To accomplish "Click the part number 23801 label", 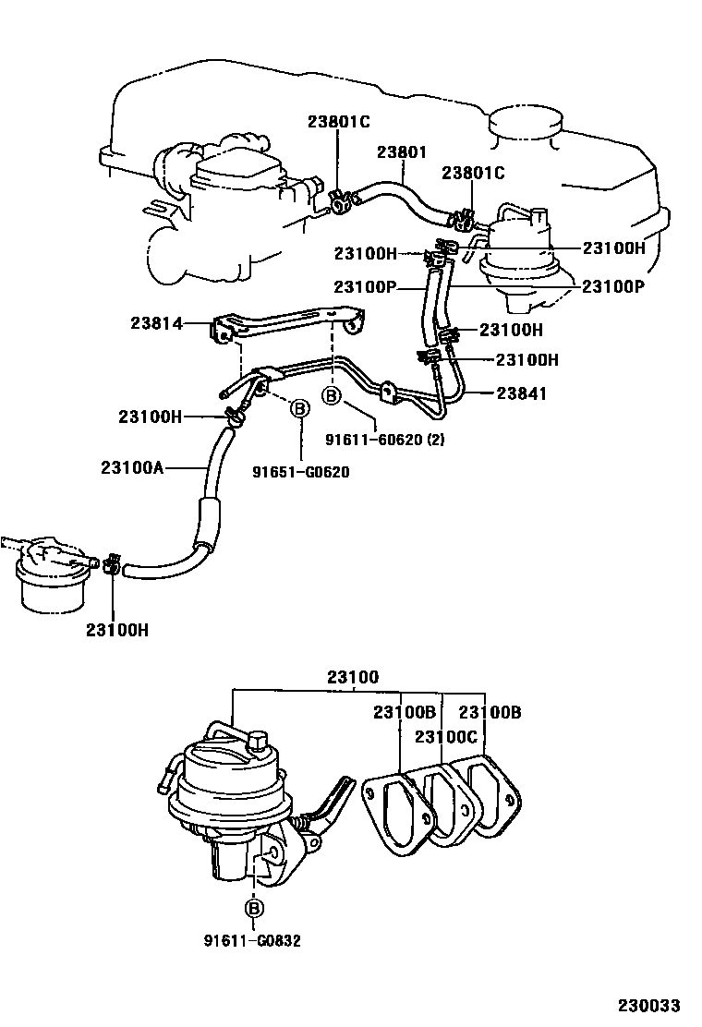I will coord(401,152).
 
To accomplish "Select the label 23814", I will coord(156,323).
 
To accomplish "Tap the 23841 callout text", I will coord(522,393).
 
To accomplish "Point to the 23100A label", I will coord(132,467).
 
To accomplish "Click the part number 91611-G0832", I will coord(253,941).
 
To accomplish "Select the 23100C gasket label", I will coord(446,736).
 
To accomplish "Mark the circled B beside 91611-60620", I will coord(331,397).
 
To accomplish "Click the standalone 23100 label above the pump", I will coord(352,677).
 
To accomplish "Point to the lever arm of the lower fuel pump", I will coord(332,802).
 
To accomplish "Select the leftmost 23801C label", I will coord(338,121).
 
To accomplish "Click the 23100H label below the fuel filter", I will coord(117,630).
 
